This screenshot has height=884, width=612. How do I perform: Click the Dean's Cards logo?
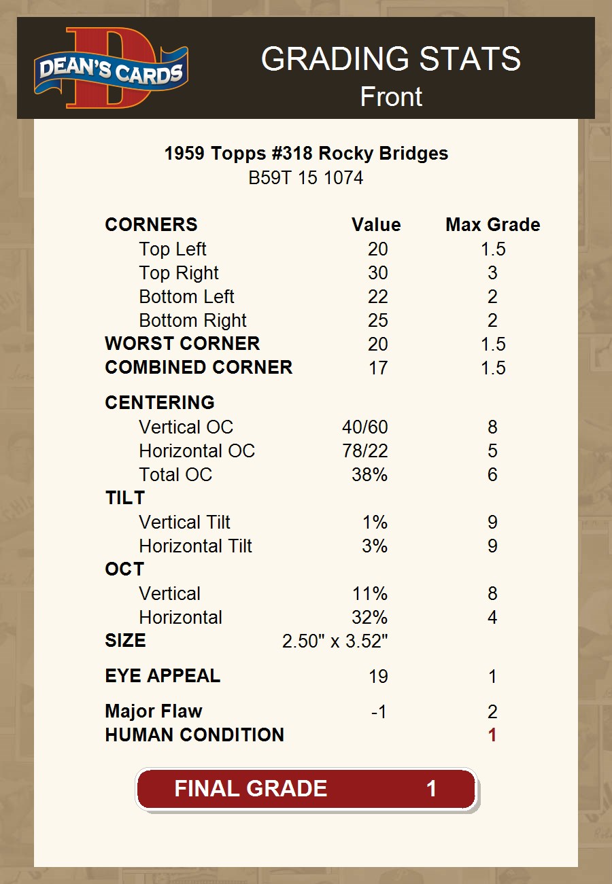click(112, 69)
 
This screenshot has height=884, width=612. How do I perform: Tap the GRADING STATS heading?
click(391, 60)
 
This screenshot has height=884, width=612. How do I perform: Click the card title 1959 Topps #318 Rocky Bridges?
click(306, 154)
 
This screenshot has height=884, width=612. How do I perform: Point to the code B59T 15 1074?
click(306, 178)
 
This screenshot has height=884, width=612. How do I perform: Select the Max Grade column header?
click(492, 225)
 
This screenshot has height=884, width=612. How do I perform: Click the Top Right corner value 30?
click(377, 273)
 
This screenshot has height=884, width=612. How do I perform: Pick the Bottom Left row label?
click(186, 297)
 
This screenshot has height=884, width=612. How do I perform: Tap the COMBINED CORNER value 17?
click(377, 368)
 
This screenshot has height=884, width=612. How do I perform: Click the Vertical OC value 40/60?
click(364, 427)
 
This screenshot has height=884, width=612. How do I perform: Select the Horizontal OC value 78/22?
click(364, 451)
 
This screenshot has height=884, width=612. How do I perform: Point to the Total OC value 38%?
click(369, 475)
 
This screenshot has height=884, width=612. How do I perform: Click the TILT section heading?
click(125, 498)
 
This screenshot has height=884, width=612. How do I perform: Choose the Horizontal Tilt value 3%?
click(374, 546)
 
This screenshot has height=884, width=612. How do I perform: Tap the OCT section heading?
click(124, 569)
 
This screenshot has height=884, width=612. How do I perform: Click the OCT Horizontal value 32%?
click(369, 618)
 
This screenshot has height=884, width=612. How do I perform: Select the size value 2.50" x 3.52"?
click(335, 641)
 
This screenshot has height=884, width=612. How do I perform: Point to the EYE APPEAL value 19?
click(377, 677)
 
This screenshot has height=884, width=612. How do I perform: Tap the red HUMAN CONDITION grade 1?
click(492, 735)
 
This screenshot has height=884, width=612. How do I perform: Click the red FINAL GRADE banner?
click(306, 789)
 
